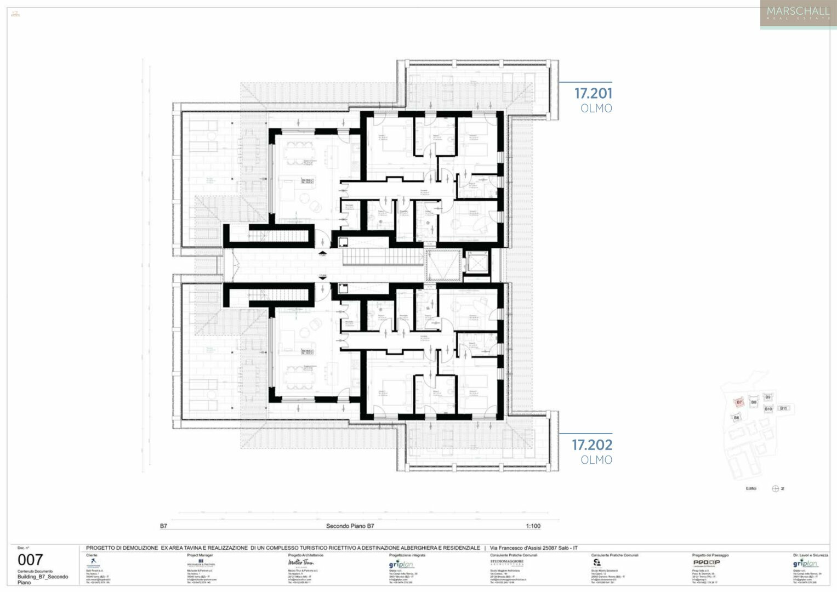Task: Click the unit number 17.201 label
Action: [x=593, y=94]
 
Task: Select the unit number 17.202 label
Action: [x=592, y=445]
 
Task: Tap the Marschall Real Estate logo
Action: [x=798, y=14]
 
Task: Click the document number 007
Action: [x=30, y=560]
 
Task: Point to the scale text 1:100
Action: [x=533, y=526]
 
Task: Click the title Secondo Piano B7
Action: [x=350, y=526]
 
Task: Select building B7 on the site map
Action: [x=739, y=402]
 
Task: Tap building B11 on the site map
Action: [x=784, y=408]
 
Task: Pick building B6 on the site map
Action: [x=736, y=418]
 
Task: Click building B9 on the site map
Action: [x=767, y=397]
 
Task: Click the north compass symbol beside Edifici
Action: [x=776, y=489]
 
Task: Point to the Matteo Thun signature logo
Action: [x=301, y=563]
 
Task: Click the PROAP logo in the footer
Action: [x=706, y=562]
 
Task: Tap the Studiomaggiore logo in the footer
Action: [x=506, y=562]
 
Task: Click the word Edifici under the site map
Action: [x=751, y=489]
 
